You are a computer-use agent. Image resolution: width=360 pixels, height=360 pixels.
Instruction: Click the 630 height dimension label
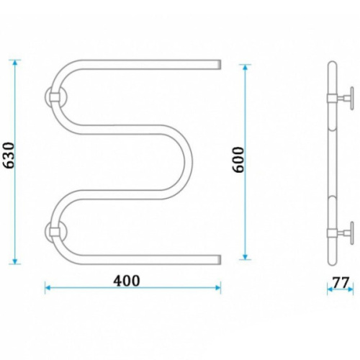point(9,156)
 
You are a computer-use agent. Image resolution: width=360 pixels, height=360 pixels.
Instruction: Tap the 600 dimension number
point(238,160)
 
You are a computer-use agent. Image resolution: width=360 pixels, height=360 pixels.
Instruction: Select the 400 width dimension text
point(127,281)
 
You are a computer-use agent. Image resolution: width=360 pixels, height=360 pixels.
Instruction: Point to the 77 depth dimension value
point(341,282)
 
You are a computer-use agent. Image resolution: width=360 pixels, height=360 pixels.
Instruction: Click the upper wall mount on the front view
point(55,97)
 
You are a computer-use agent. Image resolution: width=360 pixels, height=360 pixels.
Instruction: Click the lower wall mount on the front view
point(55,231)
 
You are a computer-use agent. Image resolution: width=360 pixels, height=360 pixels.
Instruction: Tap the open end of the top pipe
point(219,65)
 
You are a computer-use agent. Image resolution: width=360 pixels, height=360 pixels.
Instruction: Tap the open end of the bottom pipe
point(219,260)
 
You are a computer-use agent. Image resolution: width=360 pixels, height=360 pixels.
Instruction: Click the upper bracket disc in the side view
point(352,99)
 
